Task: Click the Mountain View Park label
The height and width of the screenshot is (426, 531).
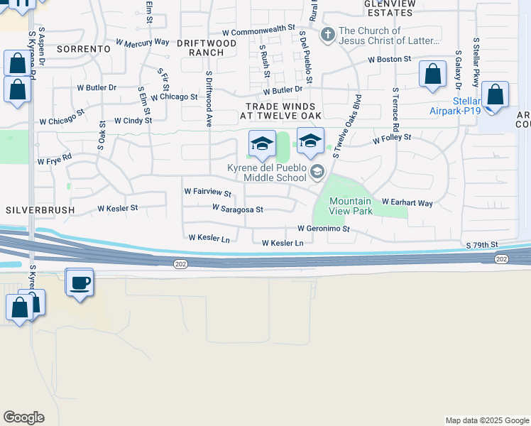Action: pos(351,206)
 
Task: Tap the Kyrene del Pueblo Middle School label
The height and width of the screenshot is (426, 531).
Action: pos(266,173)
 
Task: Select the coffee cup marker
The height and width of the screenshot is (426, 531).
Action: pos(80,284)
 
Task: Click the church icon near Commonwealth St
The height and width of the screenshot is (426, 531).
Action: pos(327,33)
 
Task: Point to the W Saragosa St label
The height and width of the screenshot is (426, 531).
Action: pos(238,209)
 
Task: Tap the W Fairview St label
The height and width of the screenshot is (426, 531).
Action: pos(207,192)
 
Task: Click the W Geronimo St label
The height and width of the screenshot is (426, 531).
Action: pos(324,229)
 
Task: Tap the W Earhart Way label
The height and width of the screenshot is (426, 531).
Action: pos(407,203)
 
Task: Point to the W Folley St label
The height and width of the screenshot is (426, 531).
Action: pos(392,138)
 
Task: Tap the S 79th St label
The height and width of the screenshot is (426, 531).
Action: pos(483,245)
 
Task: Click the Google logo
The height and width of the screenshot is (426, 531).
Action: pos(23,417)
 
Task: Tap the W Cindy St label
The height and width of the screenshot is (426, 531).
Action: pos(133,121)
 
